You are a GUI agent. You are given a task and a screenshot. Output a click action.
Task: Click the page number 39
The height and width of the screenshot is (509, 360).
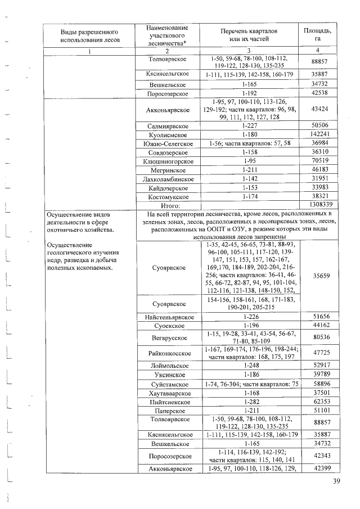337,481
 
